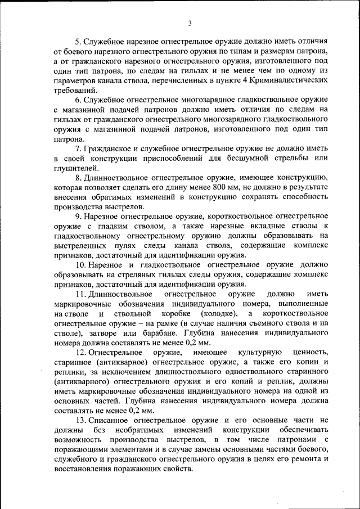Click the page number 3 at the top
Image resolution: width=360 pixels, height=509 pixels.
point(190,23)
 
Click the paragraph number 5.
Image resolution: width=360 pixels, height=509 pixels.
point(78,42)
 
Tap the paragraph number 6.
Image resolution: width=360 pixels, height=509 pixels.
point(78,100)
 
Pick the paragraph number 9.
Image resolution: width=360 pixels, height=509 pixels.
point(78,216)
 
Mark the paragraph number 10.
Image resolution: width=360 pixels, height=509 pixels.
point(79,264)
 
